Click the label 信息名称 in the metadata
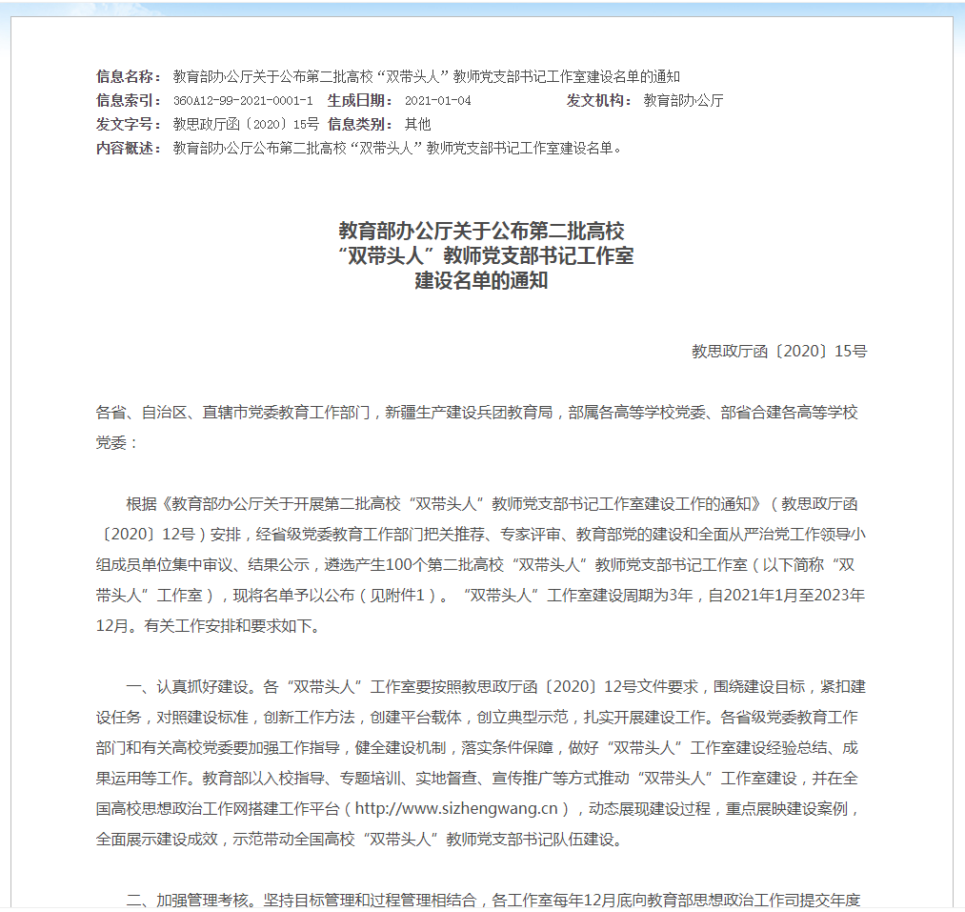click(x=130, y=77)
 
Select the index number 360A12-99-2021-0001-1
click(x=243, y=101)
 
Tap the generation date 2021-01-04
click(x=437, y=101)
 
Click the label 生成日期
click(x=360, y=101)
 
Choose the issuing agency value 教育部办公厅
click(x=683, y=101)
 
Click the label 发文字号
click(x=130, y=125)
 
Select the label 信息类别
click(x=360, y=125)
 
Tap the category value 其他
click(x=417, y=125)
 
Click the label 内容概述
click(x=130, y=149)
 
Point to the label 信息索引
click(x=130, y=101)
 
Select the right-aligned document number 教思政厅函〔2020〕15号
click(x=778, y=352)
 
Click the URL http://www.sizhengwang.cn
click(x=456, y=809)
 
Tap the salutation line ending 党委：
click(x=117, y=443)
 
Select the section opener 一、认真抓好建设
click(x=189, y=687)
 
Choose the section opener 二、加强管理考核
click(x=189, y=900)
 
